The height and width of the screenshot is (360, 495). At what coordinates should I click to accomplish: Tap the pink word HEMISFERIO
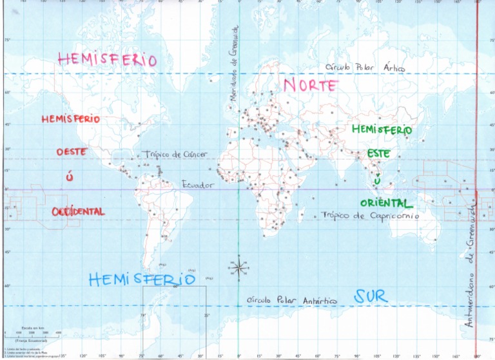coord(108,59)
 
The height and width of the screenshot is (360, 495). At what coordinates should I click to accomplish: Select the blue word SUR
coord(371,296)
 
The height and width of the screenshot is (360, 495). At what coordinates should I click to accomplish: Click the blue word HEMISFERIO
coord(141,279)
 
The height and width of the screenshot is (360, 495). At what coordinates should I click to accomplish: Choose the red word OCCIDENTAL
coord(78,212)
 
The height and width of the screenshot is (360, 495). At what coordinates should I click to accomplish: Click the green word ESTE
coord(379,155)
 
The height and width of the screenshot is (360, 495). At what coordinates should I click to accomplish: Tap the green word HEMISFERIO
coord(382,129)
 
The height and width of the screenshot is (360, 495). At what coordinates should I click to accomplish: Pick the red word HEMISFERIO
coord(71,119)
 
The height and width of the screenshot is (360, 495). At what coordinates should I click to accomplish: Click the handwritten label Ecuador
coord(197,185)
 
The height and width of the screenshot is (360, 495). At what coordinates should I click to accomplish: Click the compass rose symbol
coord(238,267)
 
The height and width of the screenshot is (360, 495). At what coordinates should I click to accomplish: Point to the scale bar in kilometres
coord(32,332)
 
